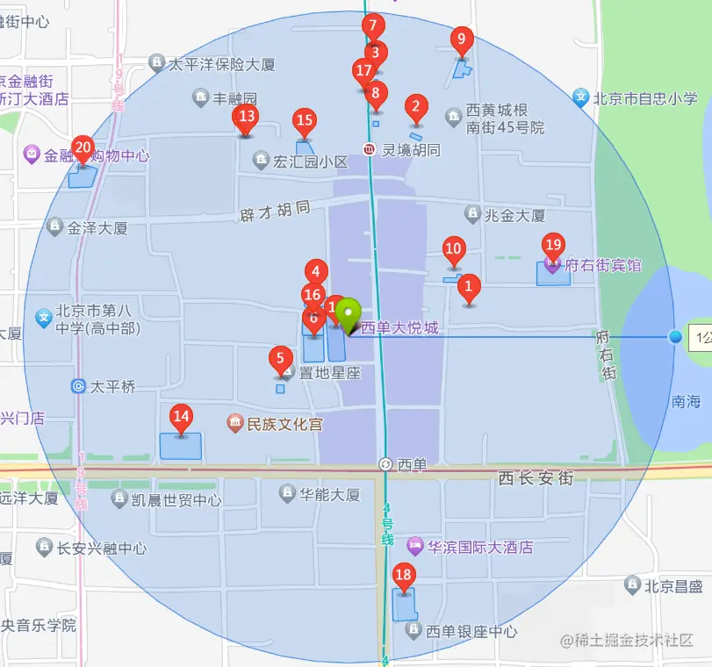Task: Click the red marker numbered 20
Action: pyautogui.click(x=83, y=148)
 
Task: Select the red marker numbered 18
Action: pyautogui.click(x=404, y=577)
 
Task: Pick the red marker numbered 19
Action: pyautogui.click(x=553, y=246)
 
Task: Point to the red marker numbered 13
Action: pyautogui.click(x=247, y=117)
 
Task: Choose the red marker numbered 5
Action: pyautogui.click(x=280, y=359)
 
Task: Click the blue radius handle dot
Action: pyautogui.click(x=674, y=337)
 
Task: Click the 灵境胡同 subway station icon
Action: pyautogui.click(x=370, y=150)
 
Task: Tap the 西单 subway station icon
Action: pyautogui.click(x=385, y=464)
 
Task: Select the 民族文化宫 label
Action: pyautogui.click(x=284, y=425)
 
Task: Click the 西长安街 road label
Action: pyautogui.click(x=536, y=478)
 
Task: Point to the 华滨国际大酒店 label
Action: pyautogui.click(x=480, y=547)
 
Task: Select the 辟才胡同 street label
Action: pyautogui.click(x=275, y=211)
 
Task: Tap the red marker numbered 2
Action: pyautogui.click(x=416, y=109)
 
